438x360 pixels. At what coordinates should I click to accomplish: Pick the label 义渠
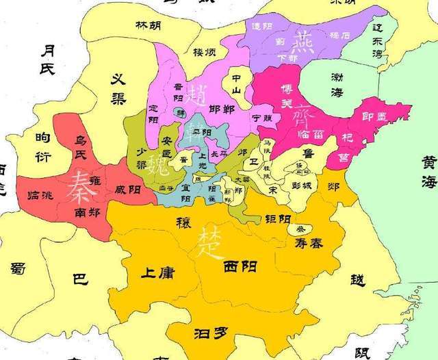[x=124, y=88]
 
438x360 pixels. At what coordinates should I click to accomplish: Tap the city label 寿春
[x=309, y=242]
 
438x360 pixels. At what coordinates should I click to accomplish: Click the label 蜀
[x=17, y=268]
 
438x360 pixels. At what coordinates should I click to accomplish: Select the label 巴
[x=80, y=279]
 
